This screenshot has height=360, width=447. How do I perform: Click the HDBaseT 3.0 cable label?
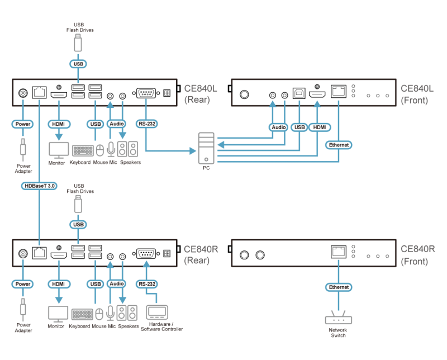pos(39,186)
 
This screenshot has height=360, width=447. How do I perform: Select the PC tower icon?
pos(206,148)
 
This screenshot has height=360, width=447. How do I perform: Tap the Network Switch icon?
pos(339,318)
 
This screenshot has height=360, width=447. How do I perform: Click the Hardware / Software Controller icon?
pos(157,312)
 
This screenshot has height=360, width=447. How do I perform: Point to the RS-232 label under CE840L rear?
pos(147,124)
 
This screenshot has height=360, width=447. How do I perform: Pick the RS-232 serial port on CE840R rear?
pos(146,253)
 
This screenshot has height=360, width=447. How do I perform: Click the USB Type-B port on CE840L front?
pos(299,93)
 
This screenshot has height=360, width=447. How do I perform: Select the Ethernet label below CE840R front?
pos(339,287)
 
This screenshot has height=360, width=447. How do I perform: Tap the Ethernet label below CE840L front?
pos(339,145)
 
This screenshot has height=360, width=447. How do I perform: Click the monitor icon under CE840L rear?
pos(59,150)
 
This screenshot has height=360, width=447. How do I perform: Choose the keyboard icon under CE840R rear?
pos(82,314)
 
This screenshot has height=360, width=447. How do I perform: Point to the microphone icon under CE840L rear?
pos(111,149)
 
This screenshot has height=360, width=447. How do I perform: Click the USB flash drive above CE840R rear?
pos(78,204)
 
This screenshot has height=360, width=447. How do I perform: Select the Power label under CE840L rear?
pos(23,124)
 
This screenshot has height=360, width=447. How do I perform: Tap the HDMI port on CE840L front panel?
pos(317,94)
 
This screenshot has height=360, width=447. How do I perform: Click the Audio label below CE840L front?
pos(278,127)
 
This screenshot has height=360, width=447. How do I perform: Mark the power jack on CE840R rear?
pos(23,254)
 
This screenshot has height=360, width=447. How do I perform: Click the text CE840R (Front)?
pos(417,255)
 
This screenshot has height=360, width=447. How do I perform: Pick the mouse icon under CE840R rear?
pos(99,314)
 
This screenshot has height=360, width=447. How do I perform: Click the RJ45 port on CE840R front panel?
pos(339,252)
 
